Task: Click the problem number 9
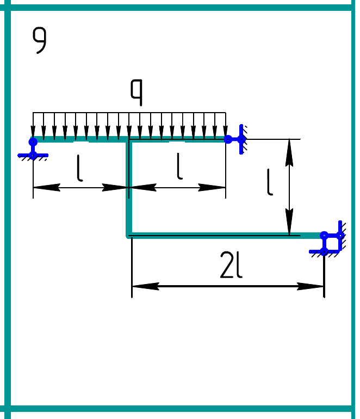(39, 41)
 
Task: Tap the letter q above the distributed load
(136, 92)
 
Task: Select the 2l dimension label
(231, 266)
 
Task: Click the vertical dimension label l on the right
(270, 182)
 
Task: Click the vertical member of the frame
(129, 188)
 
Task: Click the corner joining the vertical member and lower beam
(129, 236)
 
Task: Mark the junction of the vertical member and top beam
(129, 140)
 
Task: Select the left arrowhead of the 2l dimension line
(142, 286)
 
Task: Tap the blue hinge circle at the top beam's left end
(33, 141)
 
